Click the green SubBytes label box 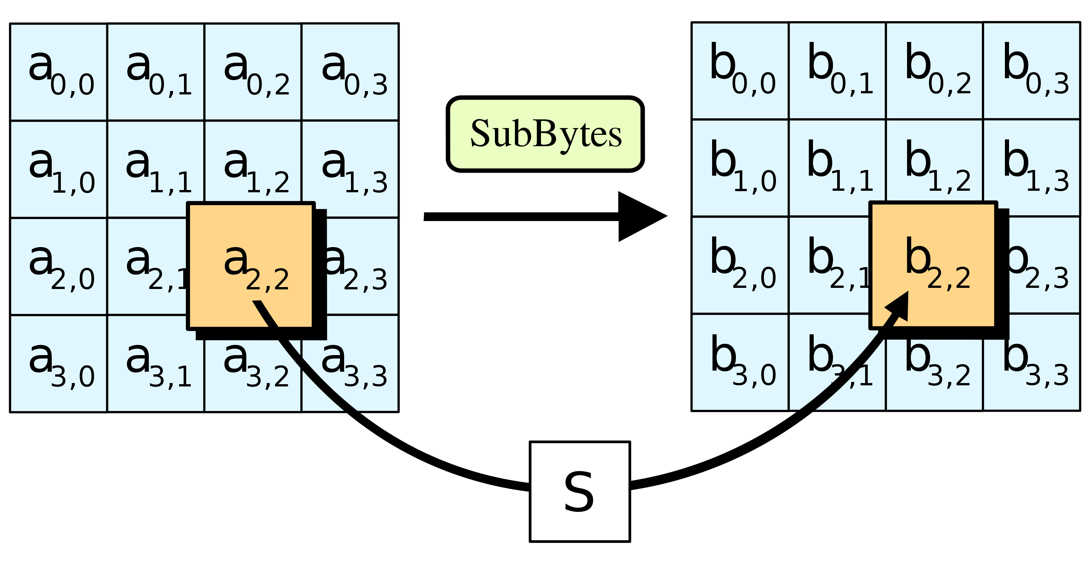pyautogui.click(x=545, y=134)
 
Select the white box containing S pyautogui.click(x=580, y=492)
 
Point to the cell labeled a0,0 pyautogui.click(x=59, y=72)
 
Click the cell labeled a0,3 pyautogui.click(x=350, y=72)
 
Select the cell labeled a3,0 pyautogui.click(x=59, y=363)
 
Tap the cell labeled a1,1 pyautogui.click(x=156, y=169)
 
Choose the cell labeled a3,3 pyautogui.click(x=350, y=363)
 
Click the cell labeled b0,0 pyautogui.click(x=740, y=71)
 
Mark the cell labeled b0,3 pyautogui.click(x=1032, y=71)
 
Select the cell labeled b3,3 pyautogui.click(x=1032, y=362)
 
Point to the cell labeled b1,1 pyautogui.click(x=837, y=168)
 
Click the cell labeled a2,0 pyautogui.click(x=59, y=266)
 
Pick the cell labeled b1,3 pyautogui.click(x=1032, y=168)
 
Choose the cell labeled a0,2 pyautogui.click(x=253, y=72)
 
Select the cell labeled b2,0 pyautogui.click(x=740, y=265)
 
